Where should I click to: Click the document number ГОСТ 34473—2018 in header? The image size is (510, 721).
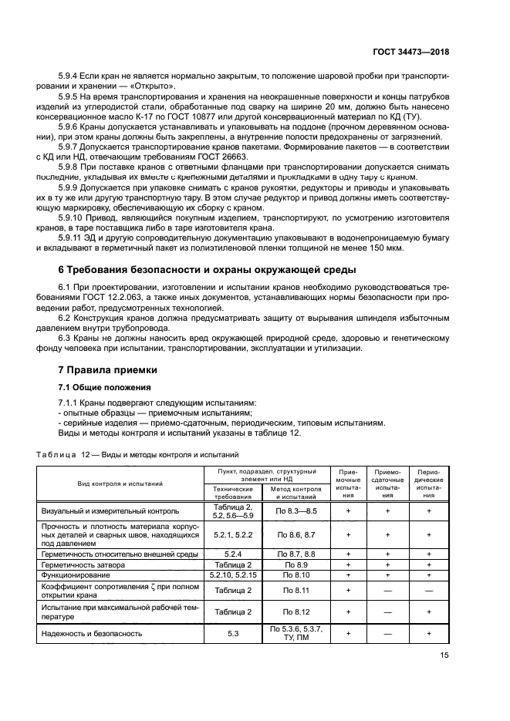click(x=413, y=52)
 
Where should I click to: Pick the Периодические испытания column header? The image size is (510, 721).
click(x=428, y=483)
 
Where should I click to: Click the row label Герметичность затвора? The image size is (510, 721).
click(x=82, y=564)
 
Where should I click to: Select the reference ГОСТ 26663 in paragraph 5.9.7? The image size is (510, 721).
click(x=215, y=157)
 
